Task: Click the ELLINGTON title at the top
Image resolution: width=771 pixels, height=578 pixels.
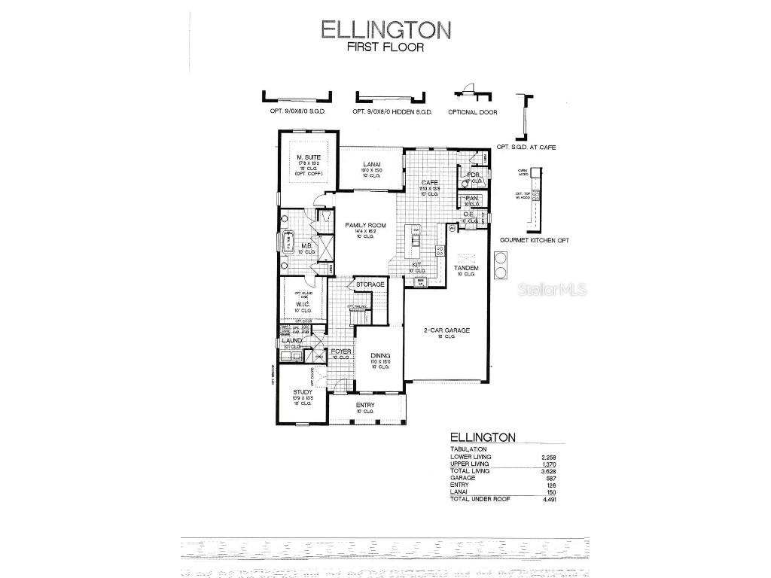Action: pyautogui.click(x=385, y=29)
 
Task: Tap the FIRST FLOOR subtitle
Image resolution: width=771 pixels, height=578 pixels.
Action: pyautogui.click(x=385, y=47)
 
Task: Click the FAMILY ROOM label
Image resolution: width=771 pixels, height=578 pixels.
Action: pyautogui.click(x=365, y=225)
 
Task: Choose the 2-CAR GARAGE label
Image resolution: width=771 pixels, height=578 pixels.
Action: pyautogui.click(x=447, y=330)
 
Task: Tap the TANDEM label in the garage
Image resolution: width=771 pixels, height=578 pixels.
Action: pyautogui.click(x=466, y=268)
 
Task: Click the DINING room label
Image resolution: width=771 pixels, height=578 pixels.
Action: pyautogui.click(x=379, y=355)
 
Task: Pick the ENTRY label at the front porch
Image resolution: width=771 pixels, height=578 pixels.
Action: pyautogui.click(x=364, y=405)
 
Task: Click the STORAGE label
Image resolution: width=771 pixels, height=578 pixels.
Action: pyautogui.click(x=370, y=284)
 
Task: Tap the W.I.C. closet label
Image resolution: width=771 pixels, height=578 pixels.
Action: pyautogui.click(x=303, y=304)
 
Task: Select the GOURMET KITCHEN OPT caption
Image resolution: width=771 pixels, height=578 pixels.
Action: pyautogui.click(x=534, y=240)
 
